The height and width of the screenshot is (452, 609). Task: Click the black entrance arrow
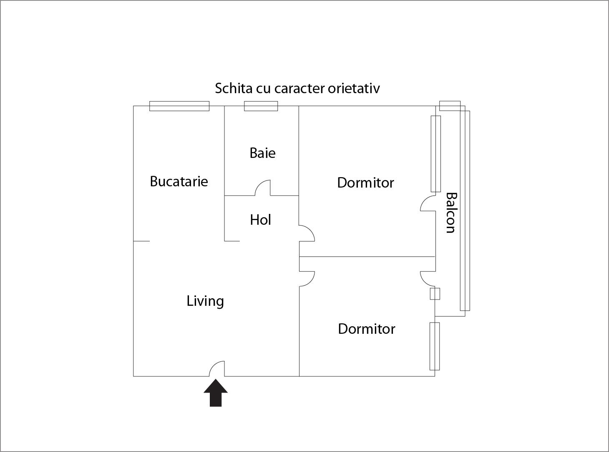pyautogui.click(x=216, y=393)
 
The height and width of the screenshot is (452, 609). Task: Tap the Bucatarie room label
pyautogui.click(x=179, y=181)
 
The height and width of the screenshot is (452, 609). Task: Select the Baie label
pyautogui.click(x=262, y=153)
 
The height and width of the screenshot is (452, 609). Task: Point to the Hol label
pyautogui.click(x=260, y=220)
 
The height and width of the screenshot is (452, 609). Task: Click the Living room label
pyautogui.click(x=205, y=301)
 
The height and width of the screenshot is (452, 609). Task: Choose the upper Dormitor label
pyautogui.click(x=365, y=183)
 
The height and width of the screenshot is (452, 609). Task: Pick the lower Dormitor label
pyautogui.click(x=366, y=329)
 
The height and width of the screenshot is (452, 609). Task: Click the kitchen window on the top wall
pyautogui.click(x=179, y=106)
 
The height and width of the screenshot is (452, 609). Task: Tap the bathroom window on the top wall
pyautogui.click(x=261, y=106)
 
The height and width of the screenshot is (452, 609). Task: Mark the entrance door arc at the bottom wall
pyautogui.click(x=217, y=368)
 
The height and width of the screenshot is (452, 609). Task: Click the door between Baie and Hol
pyautogui.click(x=263, y=188)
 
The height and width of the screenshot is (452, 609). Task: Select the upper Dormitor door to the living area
pyautogui.click(x=307, y=233)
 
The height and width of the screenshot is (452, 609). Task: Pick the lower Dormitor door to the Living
pyautogui.click(x=307, y=279)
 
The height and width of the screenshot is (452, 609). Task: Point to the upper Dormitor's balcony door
pyautogui.click(x=428, y=204)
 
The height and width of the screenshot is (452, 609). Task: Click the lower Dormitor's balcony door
pyautogui.click(x=428, y=279)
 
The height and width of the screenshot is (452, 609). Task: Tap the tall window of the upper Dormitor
pyautogui.click(x=435, y=154)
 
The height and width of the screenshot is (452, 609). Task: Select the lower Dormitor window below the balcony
pyautogui.click(x=435, y=346)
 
